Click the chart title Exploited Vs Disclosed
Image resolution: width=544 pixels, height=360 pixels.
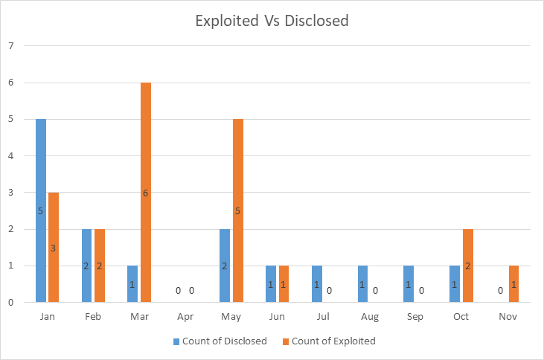pos(272,21)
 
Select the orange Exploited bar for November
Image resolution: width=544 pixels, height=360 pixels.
pos(514,283)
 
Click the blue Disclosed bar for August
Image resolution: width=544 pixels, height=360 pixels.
pos(363,283)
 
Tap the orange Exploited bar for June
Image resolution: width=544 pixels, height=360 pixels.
pos(284,283)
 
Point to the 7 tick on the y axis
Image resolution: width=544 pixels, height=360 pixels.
pos(10,46)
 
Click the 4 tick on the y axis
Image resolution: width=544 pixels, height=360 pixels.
pos(10,155)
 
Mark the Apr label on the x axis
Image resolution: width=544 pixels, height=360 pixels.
pos(185,316)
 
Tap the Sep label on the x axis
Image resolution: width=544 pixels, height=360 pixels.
pos(415,316)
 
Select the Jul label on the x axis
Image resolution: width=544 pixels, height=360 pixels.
pos(323,316)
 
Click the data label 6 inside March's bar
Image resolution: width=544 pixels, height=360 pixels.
pos(146,193)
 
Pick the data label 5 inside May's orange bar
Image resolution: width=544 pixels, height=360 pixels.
pos(238,210)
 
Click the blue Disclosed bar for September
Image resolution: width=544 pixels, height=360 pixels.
pos(409,283)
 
